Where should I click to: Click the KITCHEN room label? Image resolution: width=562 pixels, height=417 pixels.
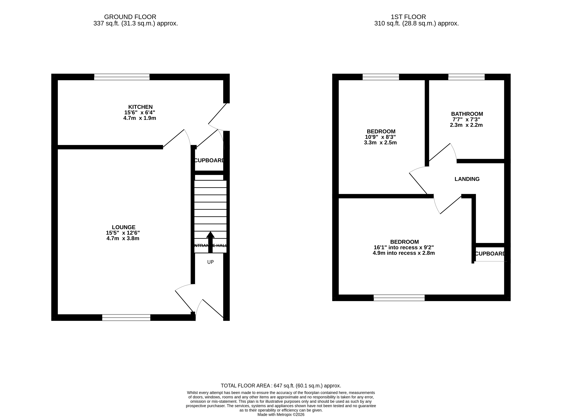(140, 107)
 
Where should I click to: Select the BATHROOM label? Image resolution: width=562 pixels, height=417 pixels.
(467, 114)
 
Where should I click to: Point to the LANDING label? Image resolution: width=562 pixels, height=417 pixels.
(467, 179)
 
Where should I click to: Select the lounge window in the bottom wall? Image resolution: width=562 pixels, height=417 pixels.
(126, 318)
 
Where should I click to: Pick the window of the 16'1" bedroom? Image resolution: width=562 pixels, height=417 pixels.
(399, 298)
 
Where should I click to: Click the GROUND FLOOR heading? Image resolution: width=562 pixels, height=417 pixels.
(130, 17)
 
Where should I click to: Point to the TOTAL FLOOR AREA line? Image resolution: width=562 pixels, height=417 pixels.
(281, 386)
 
